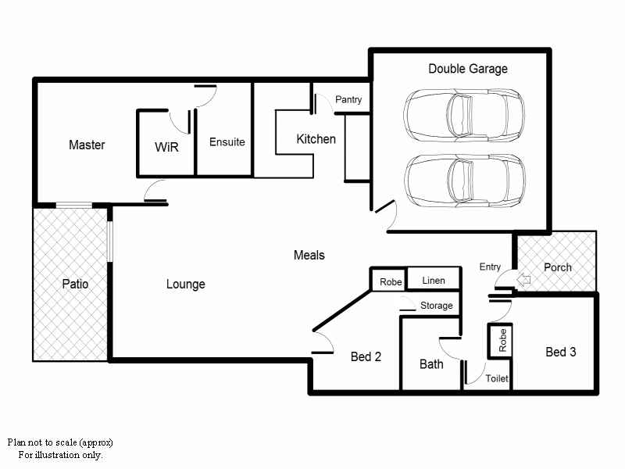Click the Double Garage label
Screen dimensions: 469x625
coord(467,69)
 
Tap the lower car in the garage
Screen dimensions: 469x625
coord(463,179)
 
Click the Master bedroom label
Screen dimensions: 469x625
coord(87,145)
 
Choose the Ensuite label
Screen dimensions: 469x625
coord(227,142)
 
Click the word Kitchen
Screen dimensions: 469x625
coord(316,139)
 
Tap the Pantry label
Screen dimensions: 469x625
coord(348,100)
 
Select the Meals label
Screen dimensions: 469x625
coord(309,256)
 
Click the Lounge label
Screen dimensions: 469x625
coord(185,284)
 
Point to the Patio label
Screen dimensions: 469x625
coord(75,284)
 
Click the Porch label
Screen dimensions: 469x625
coord(557,267)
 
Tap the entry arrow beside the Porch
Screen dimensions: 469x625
coord(524,277)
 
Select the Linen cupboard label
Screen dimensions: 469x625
coord(434,281)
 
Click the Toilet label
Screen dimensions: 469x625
coord(497,378)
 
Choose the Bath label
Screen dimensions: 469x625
coord(431,363)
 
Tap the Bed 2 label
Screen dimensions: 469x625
coord(366,356)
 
